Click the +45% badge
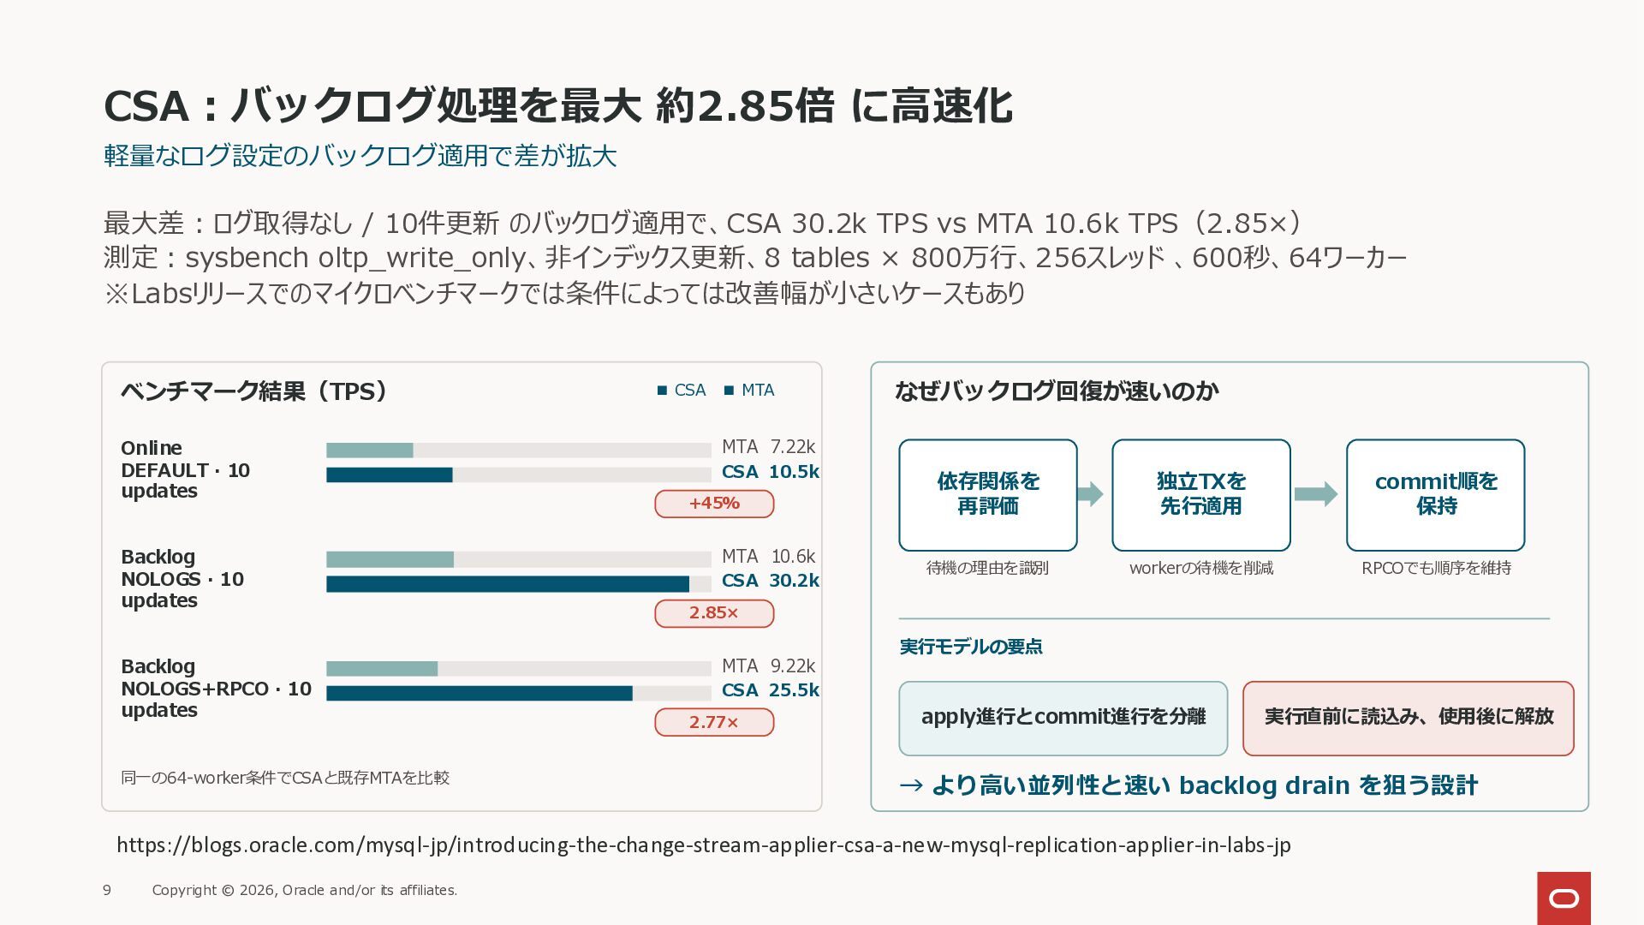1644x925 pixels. (x=714, y=504)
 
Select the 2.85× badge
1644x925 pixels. (x=714, y=613)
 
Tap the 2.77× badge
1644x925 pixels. (x=714, y=722)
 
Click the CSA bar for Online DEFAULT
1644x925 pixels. (x=390, y=474)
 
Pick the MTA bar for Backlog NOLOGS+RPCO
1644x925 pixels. (x=382, y=669)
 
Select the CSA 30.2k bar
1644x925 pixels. (x=508, y=584)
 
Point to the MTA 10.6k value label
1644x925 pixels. (x=768, y=557)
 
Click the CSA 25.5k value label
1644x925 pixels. (x=770, y=690)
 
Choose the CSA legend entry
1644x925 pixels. (x=682, y=391)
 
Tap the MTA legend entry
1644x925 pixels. (x=749, y=391)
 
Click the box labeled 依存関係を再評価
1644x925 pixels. (x=988, y=495)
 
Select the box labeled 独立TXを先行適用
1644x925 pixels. (x=1201, y=495)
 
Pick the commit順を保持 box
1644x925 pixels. (x=1436, y=495)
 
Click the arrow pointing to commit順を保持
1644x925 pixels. (x=1316, y=494)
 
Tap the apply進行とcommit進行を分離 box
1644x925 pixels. (x=1063, y=719)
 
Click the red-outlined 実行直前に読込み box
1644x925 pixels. (x=1409, y=719)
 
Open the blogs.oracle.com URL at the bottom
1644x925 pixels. (x=704, y=845)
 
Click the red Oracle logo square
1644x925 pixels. (x=1564, y=898)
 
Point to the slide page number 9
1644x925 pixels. (x=107, y=891)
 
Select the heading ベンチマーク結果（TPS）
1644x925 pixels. (x=254, y=391)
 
